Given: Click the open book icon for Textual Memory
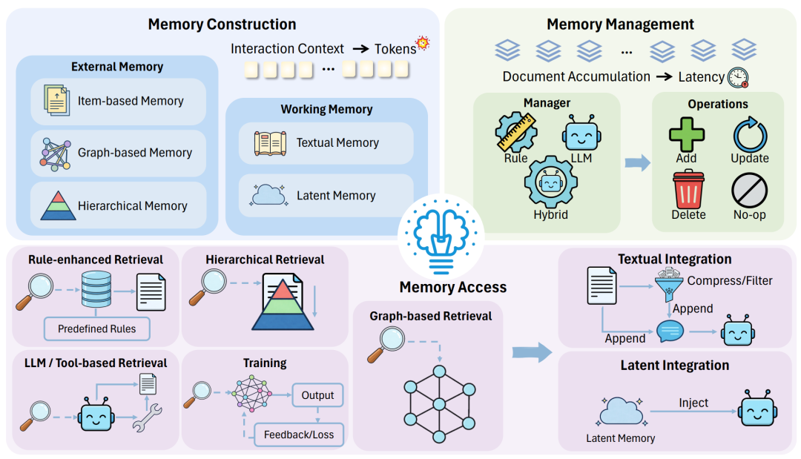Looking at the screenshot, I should (x=270, y=142).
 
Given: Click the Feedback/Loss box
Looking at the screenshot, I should (x=299, y=435).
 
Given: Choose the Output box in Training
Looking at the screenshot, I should (x=317, y=395).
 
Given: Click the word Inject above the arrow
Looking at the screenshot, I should (x=693, y=403).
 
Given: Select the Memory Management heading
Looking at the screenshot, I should (x=620, y=24).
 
